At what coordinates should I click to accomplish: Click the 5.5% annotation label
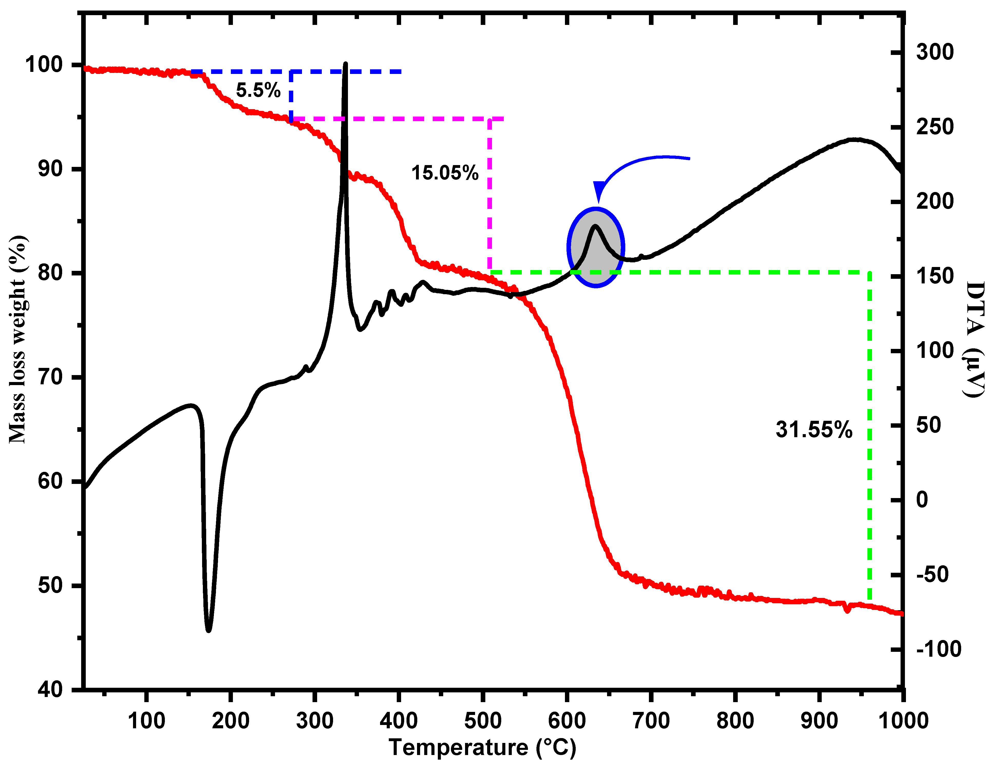pos(258,90)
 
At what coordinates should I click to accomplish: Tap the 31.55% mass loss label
pos(814,429)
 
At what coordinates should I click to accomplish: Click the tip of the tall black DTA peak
pos(346,64)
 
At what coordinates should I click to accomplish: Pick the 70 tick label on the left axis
pos(50,377)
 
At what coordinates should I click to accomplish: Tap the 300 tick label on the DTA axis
pos(935,52)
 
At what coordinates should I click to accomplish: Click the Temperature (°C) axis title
pos(483,748)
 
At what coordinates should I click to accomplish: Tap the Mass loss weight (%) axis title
pos(18,339)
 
